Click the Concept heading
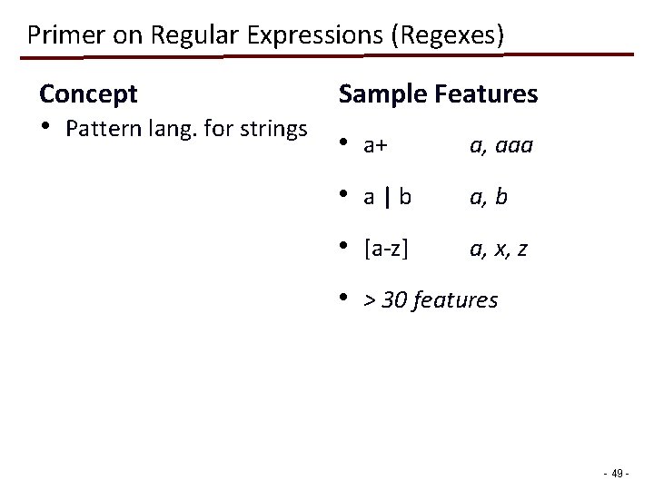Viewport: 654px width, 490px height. pyautogui.click(x=88, y=93)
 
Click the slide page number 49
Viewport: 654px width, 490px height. pyautogui.click(x=619, y=473)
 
